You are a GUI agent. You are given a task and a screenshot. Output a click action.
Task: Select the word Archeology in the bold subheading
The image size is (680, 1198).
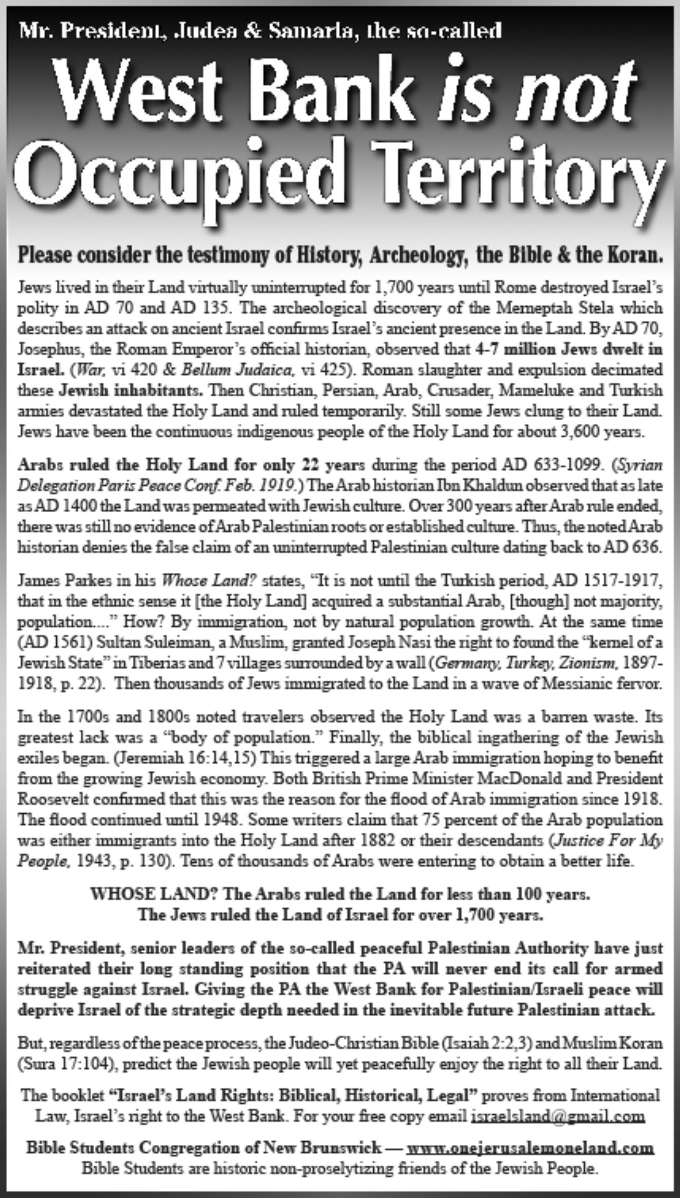[x=417, y=255]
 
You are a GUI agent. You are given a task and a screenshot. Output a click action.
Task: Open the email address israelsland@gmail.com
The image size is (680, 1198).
[x=558, y=1115]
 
